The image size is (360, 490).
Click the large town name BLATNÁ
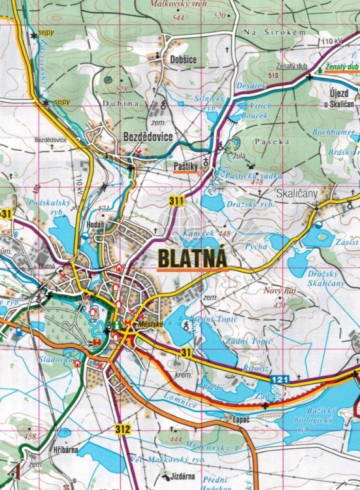click(192, 256)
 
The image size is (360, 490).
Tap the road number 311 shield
click(175, 201)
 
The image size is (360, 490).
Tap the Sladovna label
click(56, 359)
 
